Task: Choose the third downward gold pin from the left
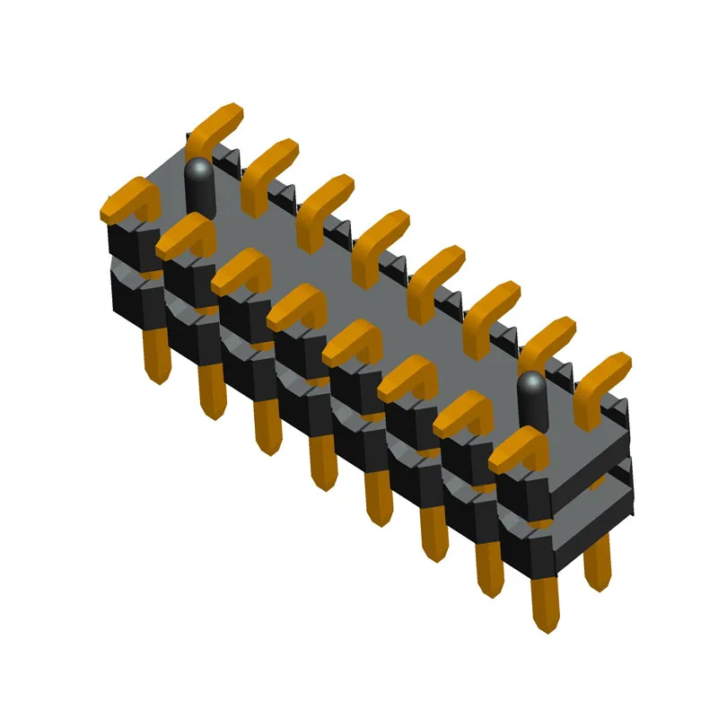pos(267,425)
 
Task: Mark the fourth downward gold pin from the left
pos(321,461)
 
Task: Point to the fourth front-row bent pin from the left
pos(296,305)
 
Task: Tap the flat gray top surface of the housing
pos(359,287)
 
